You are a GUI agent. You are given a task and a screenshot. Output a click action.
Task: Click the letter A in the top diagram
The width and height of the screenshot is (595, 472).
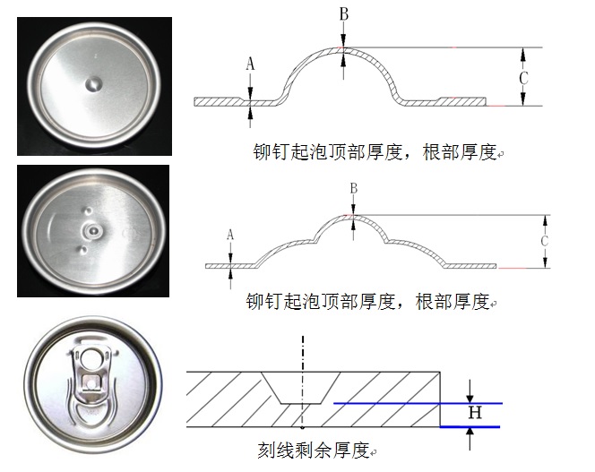tap(250, 64)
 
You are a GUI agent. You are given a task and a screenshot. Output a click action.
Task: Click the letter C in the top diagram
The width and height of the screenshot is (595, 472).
tap(523, 79)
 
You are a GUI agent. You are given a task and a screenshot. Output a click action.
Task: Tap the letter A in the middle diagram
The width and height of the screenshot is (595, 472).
tap(230, 235)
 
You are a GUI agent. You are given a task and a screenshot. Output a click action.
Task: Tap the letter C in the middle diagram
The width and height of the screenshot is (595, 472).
tap(544, 243)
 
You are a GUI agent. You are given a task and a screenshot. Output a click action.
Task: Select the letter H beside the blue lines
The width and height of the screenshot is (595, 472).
tap(475, 413)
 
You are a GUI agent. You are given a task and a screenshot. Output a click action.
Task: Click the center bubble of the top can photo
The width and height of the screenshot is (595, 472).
tap(94, 85)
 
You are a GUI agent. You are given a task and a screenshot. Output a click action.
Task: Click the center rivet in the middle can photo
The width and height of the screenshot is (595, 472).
tap(90, 231)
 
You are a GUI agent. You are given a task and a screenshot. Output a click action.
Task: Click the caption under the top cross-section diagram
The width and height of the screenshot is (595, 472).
tap(375, 152)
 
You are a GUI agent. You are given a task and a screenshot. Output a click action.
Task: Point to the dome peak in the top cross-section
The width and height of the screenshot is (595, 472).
tap(341, 47)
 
